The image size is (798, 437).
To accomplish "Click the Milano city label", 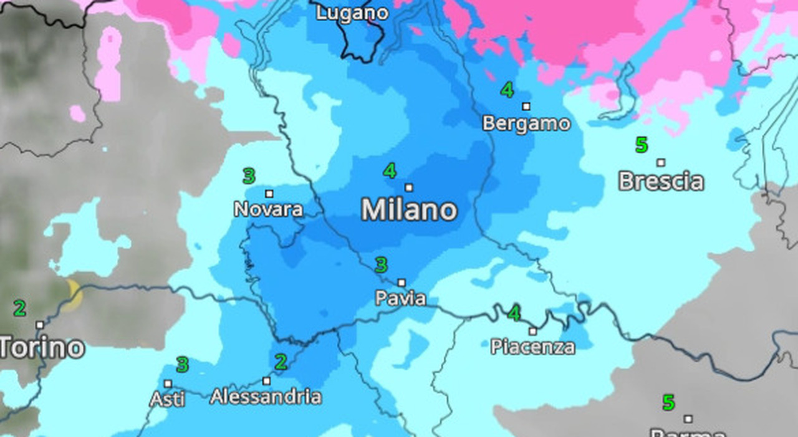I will (x=409, y=210).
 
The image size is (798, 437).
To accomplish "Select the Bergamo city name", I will (x=526, y=123).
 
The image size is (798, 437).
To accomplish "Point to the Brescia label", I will (x=661, y=181).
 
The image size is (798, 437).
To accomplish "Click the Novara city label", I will (x=269, y=209).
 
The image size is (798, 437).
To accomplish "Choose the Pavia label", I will (x=401, y=298).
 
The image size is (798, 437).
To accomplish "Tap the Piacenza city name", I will (x=532, y=347).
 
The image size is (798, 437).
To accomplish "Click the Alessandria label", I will (x=266, y=396).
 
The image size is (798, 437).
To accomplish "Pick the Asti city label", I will (x=168, y=398).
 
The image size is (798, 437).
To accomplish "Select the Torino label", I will (x=41, y=347).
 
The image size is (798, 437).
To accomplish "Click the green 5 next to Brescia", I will (x=642, y=145).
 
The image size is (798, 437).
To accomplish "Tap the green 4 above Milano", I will (x=390, y=170).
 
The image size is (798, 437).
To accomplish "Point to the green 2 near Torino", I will (x=20, y=308).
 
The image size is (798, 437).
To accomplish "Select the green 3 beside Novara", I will (x=249, y=176).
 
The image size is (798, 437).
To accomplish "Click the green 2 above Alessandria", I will (x=281, y=362).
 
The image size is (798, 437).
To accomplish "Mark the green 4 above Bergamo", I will (x=507, y=90).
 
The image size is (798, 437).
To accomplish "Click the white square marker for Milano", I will (x=409, y=187).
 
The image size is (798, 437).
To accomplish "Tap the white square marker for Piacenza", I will (x=533, y=331).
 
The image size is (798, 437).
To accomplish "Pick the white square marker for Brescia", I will (x=661, y=163).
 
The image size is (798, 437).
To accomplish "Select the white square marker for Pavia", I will (x=401, y=282).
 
